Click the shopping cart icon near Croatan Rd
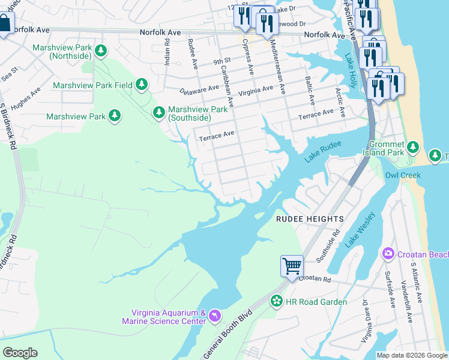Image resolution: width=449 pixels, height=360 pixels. pos(292,265)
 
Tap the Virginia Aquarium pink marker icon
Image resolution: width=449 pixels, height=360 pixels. pos(215,316)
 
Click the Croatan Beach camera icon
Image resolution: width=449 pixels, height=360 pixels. pos(388,254)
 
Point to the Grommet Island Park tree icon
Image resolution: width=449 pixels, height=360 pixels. pos(412,147)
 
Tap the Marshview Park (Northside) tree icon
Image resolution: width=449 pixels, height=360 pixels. pos(102,50)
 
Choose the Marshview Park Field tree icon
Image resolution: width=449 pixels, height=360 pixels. pos(142,85)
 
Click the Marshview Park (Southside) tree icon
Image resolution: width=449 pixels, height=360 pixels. pos(158,112)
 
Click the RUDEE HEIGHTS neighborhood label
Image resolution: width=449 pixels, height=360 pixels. pos(310,220)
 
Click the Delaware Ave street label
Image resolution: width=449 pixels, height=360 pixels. pos(199,89)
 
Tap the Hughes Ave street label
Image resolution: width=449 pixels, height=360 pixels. pos(25,100)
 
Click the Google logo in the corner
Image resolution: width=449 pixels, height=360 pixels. pos(20,353)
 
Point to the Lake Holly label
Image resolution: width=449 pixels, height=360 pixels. pos(351,71)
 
